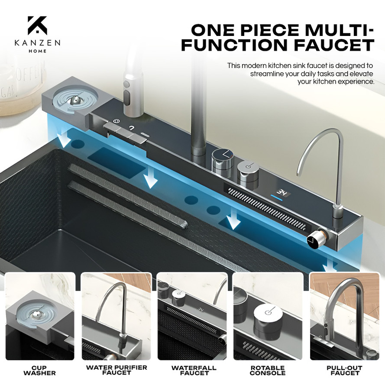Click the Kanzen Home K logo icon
point(37,25)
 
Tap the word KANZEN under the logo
point(37,43)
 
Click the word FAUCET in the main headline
point(334,45)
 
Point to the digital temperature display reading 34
point(282,192)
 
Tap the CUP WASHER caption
point(39,371)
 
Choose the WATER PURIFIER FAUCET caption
point(116,370)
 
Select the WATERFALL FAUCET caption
point(194,371)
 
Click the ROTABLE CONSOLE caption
point(268,371)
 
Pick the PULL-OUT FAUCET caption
point(344,371)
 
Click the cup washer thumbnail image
point(40,316)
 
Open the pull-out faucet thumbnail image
point(345,316)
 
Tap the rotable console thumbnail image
point(268,316)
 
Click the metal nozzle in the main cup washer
point(74,100)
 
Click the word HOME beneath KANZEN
point(37,51)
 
